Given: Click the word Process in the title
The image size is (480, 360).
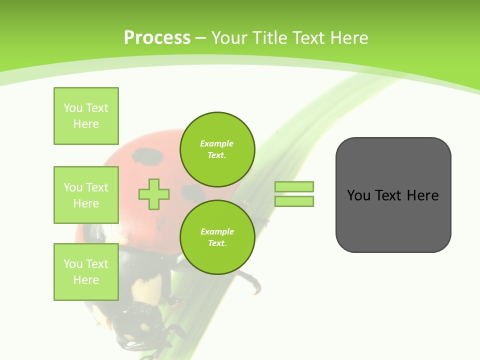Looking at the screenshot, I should pos(157,38).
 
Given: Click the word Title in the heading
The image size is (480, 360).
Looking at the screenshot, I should pos(270,38).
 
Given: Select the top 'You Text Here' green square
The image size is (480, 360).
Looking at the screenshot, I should pos(86,116).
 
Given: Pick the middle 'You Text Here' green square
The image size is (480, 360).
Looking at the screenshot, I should pos(86,195).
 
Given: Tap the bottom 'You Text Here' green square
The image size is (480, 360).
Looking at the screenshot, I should pos(86,271).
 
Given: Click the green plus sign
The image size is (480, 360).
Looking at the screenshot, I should pos(154,194).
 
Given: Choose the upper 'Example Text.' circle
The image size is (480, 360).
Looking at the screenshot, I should pos(217,149).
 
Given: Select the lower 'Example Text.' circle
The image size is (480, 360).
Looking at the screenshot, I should pos(217,237).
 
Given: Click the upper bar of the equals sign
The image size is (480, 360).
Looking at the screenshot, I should pos(294,186).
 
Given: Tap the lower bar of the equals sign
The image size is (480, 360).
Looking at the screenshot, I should pos(294,201).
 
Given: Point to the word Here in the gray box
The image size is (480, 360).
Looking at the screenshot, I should pos(422,195).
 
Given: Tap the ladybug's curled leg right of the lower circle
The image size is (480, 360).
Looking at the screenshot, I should pos(252,282).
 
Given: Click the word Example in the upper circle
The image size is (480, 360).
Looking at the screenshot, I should pos(217,143).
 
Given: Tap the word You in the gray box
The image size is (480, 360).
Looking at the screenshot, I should pos(358,195).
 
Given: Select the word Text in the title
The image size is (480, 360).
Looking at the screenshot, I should pos(309,38).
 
